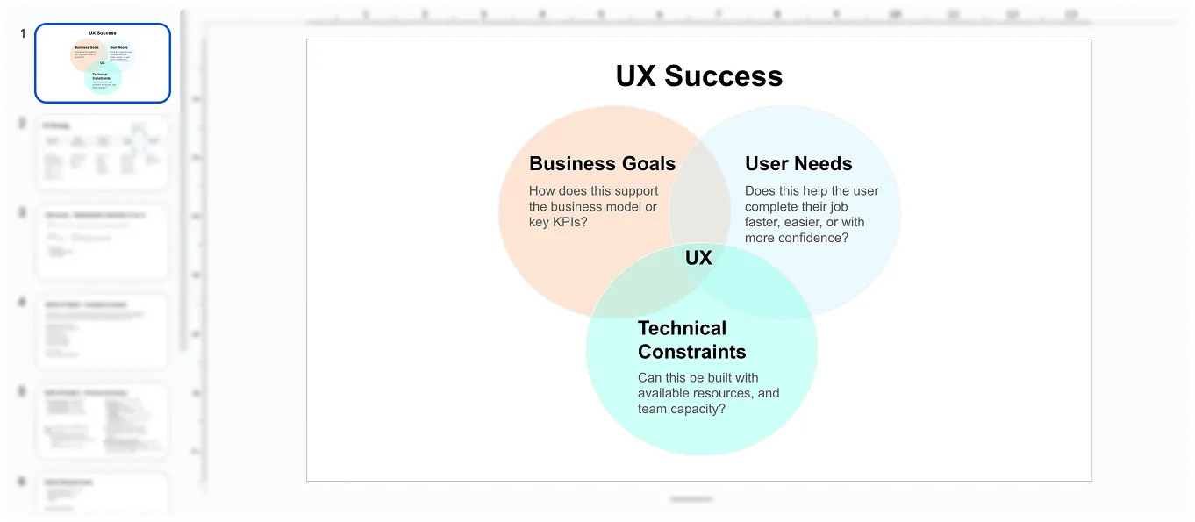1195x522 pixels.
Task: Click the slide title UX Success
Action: [x=698, y=76]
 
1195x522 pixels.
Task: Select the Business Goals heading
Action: [x=602, y=164]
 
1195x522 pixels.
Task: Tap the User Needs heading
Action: [x=798, y=164]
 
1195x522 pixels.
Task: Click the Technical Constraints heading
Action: [x=691, y=340]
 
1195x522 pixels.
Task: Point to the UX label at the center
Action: [x=698, y=258]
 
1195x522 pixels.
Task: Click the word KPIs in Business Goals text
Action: [x=569, y=223]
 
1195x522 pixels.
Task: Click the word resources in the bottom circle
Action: [x=720, y=394]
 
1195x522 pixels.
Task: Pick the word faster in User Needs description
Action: [x=762, y=223]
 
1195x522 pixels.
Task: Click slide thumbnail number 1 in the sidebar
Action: [x=103, y=63]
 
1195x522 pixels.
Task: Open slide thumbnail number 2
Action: [x=103, y=153]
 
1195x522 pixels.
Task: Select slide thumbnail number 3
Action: [x=103, y=242]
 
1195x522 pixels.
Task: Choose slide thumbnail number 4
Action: [x=103, y=332]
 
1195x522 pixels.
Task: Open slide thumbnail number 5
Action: [x=103, y=420]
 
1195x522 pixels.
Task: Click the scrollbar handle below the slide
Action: [x=691, y=499]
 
